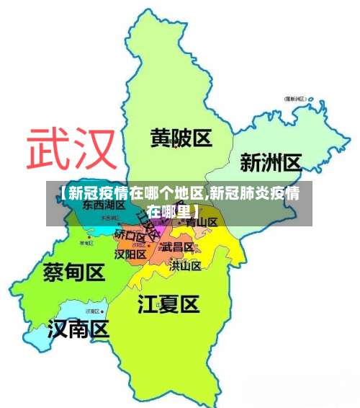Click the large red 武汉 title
click(x=71, y=149)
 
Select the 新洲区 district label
click(x=270, y=162)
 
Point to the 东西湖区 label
click(x=104, y=205)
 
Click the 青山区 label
click(x=201, y=222)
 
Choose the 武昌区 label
click(x=176, y=247)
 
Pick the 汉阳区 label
click(x=130, y=254)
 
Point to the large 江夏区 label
click(x=168, y=305)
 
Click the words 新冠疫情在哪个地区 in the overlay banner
click(x=134, y=193)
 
